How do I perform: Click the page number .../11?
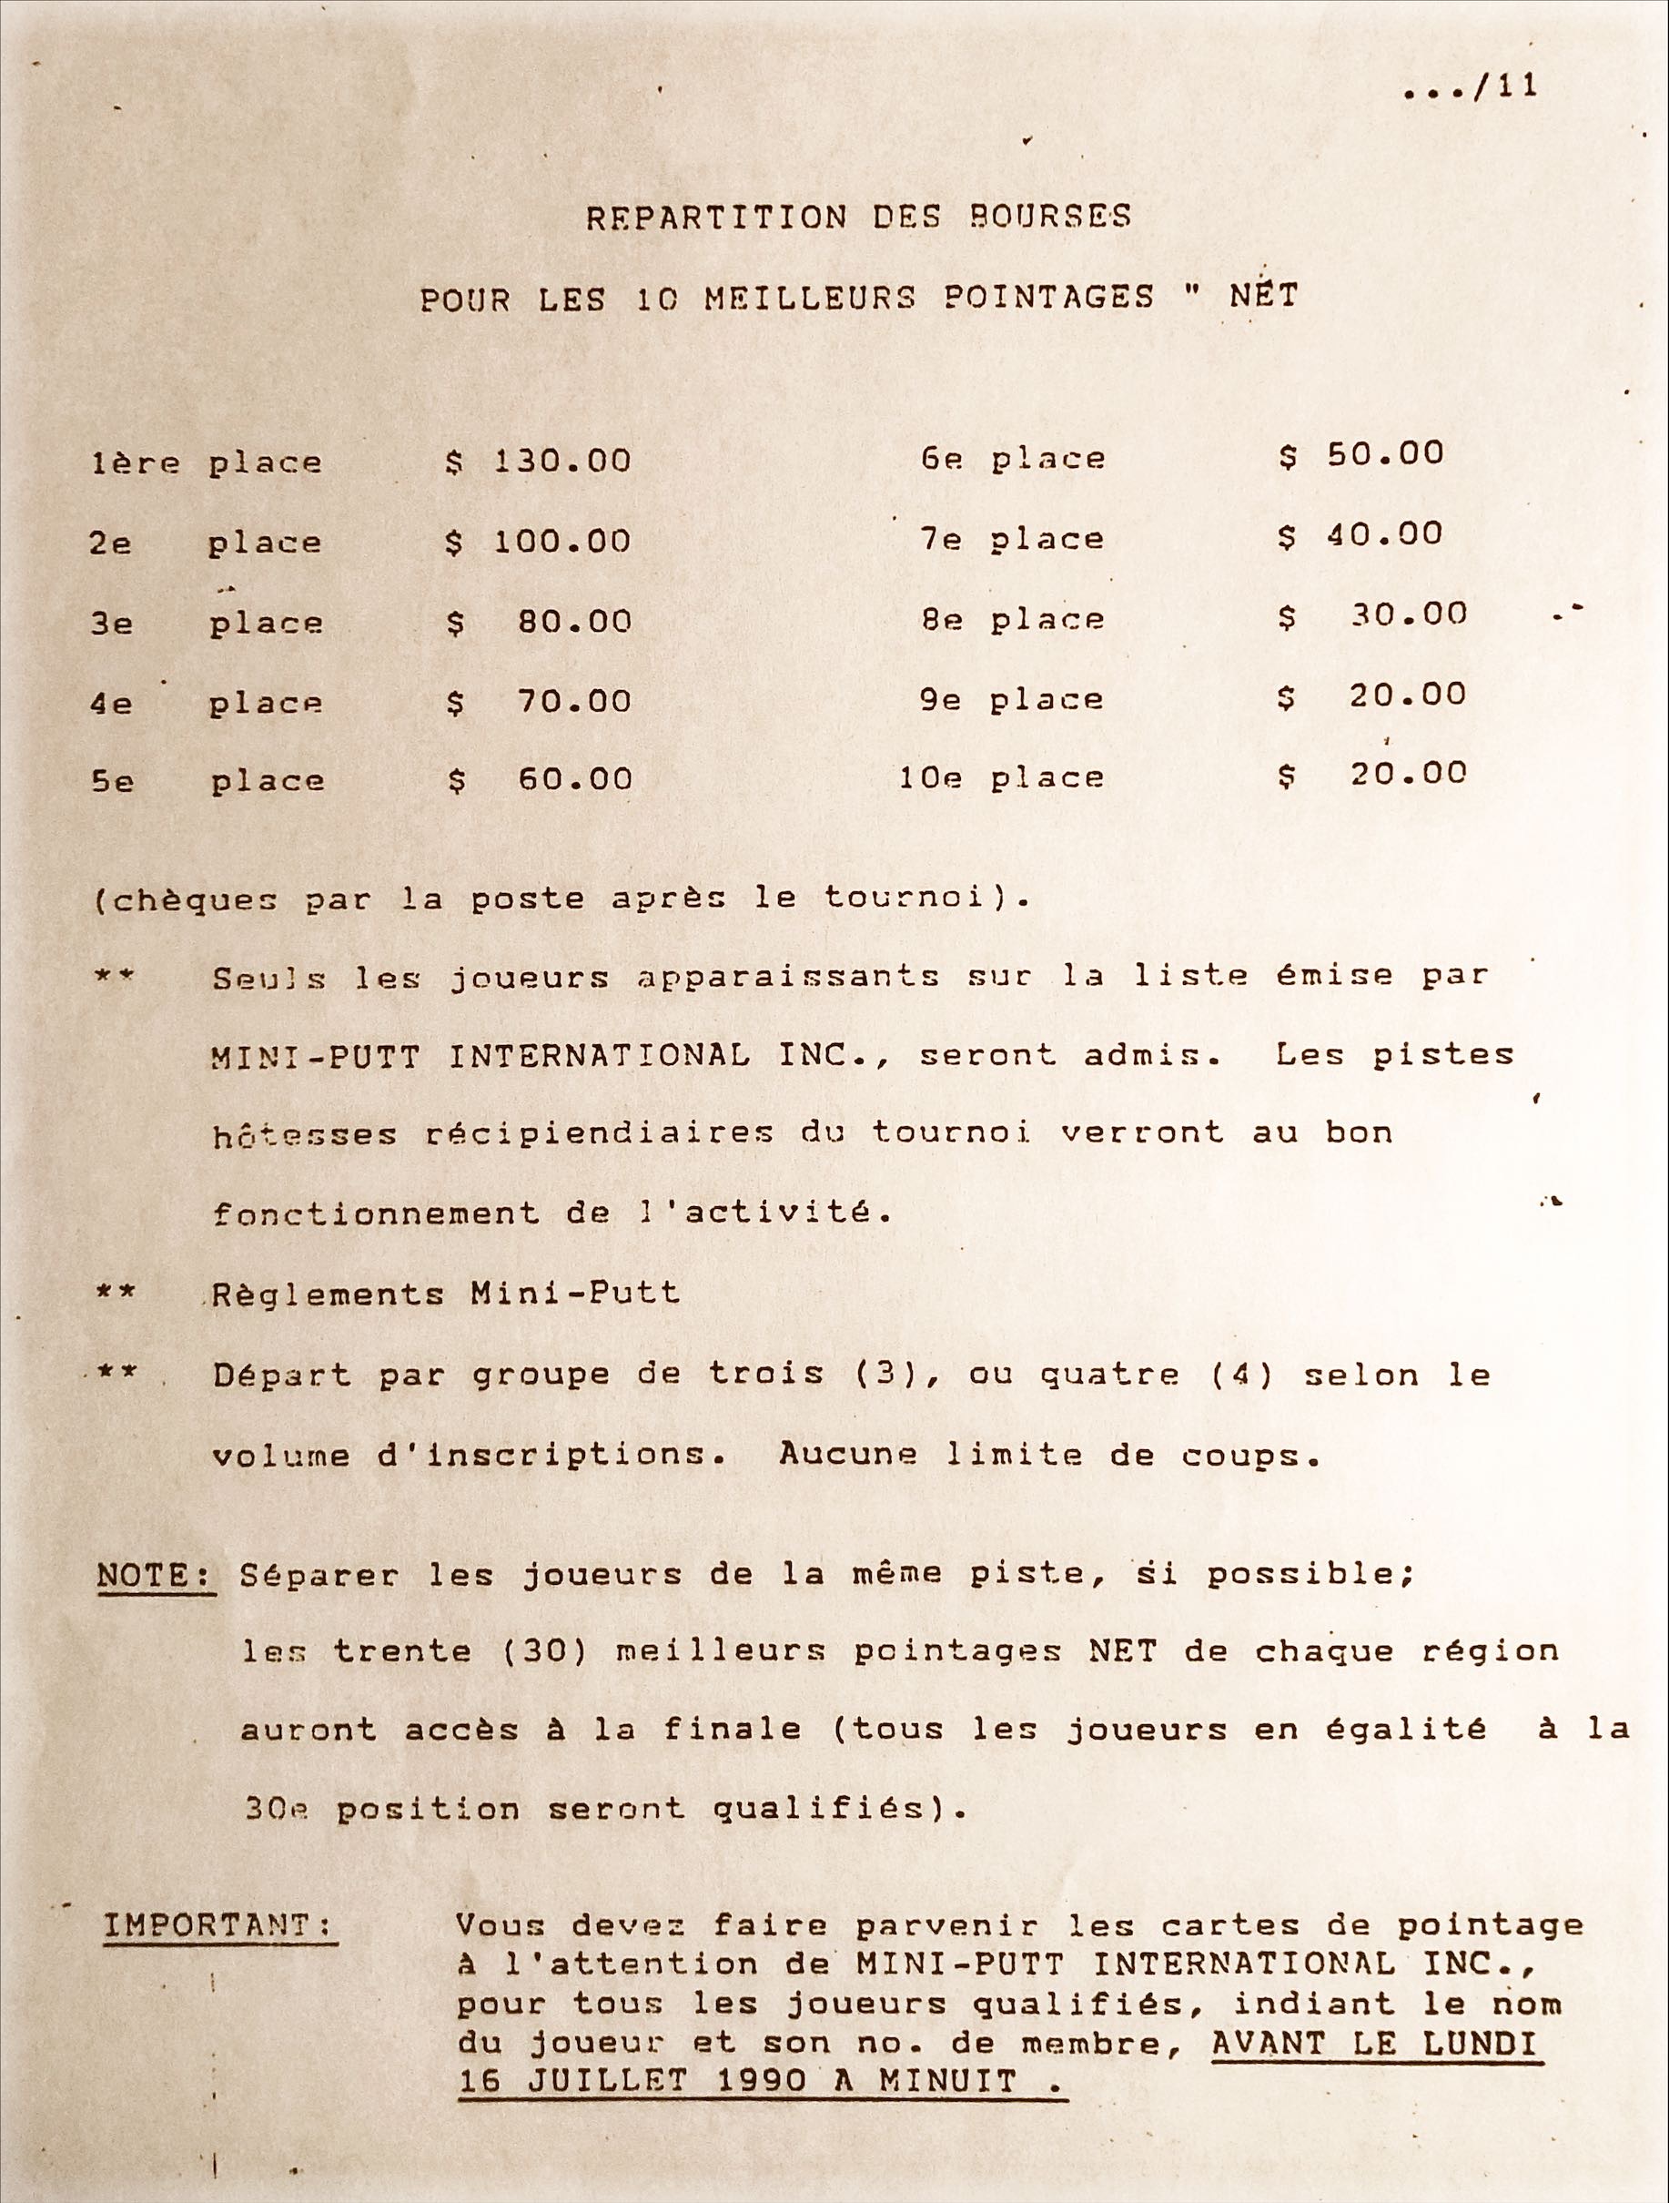point(1470,87)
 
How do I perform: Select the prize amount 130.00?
point(562,462)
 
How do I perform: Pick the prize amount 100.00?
point(562,542)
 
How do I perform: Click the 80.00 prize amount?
point(574,623)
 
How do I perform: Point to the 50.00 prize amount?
point(1384,454)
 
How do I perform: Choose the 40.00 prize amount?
point(1384,534)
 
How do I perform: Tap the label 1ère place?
point(207,463)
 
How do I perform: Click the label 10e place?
point(1002,777)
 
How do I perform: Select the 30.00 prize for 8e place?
point(1408,614)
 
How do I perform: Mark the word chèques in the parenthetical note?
point(190,900)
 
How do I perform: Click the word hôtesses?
point(304,1134)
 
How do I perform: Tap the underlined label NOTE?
point(156,1575)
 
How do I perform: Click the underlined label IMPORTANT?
point(219,1924)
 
